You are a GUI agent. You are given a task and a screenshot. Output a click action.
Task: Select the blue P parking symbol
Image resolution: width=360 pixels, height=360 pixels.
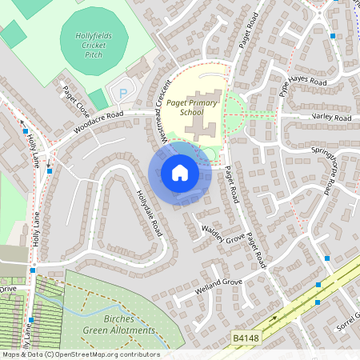click(123, 94)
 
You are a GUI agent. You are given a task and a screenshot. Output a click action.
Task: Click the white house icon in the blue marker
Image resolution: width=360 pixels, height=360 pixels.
click(180, 173)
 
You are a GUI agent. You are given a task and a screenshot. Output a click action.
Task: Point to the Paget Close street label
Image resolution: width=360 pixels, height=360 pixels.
click(76, 103)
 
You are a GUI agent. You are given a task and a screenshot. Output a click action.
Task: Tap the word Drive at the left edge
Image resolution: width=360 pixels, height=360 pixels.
click(7, 289)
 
